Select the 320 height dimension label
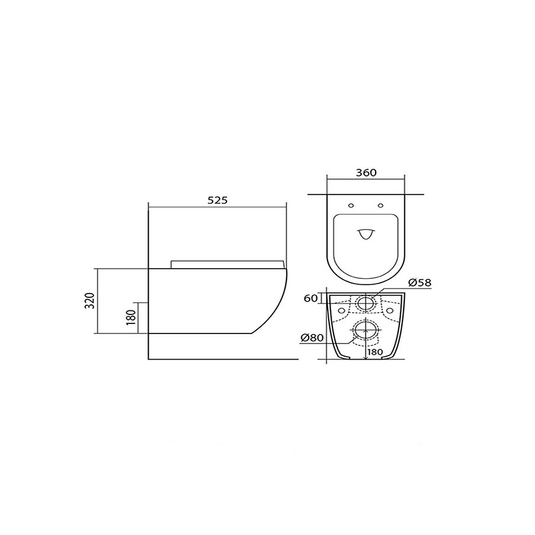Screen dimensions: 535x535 pos(89,301)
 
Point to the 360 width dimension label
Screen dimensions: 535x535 pos(366,172)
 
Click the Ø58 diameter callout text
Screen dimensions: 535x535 pos(420,282)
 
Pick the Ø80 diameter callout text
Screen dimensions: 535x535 pos(312,338)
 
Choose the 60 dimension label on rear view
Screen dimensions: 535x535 pos(310,298)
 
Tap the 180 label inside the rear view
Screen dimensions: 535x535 pos(375,352)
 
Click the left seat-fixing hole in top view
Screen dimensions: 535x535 pos(351,206)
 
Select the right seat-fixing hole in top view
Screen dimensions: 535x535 pos(381,206)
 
